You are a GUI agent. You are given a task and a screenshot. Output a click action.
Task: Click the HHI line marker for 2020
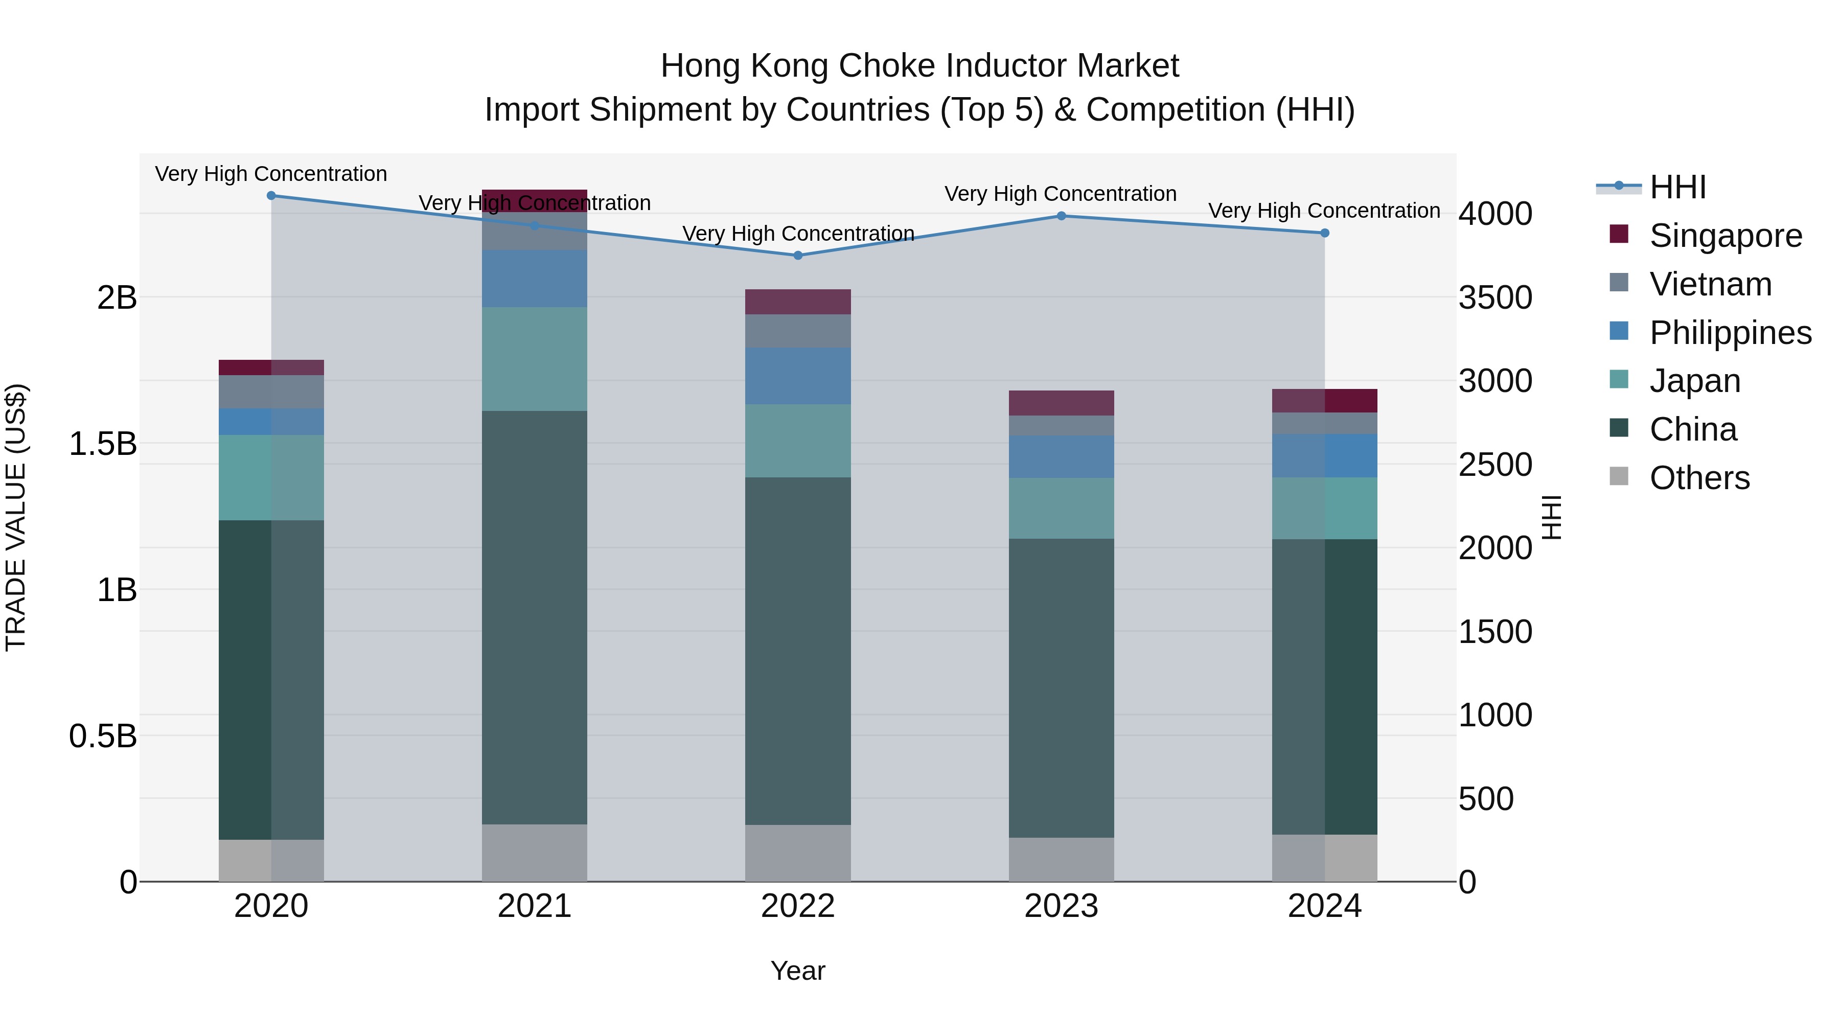pos(271,195)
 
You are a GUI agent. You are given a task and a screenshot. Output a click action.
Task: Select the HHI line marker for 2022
pos(798,255)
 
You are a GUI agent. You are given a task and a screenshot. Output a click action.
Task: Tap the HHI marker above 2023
pos(1061,216)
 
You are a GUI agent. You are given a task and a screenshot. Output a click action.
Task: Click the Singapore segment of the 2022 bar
pos(798,302)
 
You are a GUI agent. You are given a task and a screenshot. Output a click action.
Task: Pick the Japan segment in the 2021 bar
pos(534,359)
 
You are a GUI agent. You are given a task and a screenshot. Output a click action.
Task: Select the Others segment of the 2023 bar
pos(1061,859)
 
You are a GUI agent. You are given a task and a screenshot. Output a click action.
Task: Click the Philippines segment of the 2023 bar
pos(1061,456)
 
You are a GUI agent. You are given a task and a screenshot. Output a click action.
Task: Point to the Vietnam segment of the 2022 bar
pos(798,331)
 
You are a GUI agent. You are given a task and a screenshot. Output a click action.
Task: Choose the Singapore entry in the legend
pos(1725,236)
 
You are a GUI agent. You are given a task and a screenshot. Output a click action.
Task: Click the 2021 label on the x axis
pos(534,906)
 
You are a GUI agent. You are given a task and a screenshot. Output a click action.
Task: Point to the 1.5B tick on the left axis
pos(102,444)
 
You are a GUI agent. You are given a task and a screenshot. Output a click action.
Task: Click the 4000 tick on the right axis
pos(1495,214)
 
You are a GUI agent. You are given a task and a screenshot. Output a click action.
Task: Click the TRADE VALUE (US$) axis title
pos(16,517)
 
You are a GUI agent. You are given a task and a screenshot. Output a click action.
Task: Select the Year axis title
pos(798,971)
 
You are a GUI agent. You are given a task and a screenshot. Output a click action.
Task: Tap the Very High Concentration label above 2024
pos(1324,211)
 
